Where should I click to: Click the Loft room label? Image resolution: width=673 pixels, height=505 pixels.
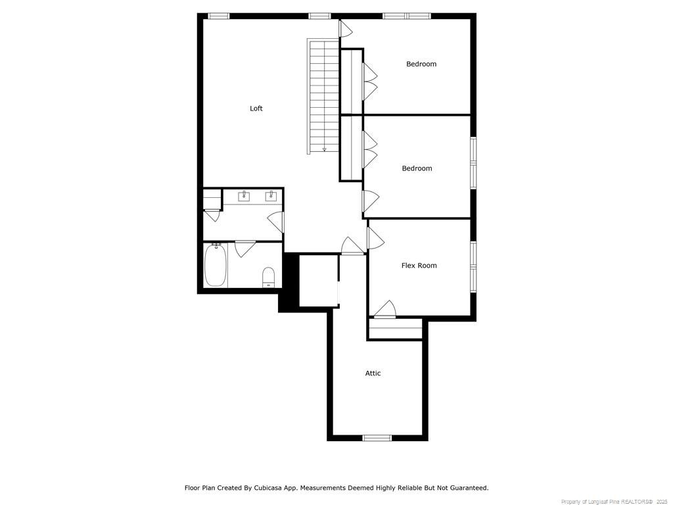click(x=256, y=108)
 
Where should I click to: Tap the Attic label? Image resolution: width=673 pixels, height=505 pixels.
click(x=373, y=373)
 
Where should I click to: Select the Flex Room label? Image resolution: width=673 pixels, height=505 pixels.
click(x=419, y=266)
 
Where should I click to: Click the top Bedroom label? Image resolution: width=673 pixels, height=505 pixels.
click(x=421, y=64)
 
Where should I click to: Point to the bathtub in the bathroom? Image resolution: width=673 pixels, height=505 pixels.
click(x=215, y=266)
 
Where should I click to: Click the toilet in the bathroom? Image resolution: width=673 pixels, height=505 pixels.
click(x=268, y=277)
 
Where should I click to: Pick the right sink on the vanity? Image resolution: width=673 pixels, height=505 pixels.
click(x=270, y=195)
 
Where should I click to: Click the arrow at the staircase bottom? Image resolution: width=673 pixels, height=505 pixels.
click(x=324, y=149)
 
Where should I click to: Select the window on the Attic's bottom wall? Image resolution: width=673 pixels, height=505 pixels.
click(x=377, y=437)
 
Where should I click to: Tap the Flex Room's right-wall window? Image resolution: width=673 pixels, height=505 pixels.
click(x=473, y=266)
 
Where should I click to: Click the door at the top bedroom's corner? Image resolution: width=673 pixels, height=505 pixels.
click(x=345, y=28)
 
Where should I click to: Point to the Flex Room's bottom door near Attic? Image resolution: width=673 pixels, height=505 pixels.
click(x=384, y=310)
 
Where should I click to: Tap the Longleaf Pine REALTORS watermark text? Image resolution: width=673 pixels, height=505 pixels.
click(x=612, y=501)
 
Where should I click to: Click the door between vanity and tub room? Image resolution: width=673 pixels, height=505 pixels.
click(x=244, y=247)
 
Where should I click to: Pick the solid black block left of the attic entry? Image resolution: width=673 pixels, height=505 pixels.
click(x=289, y=283)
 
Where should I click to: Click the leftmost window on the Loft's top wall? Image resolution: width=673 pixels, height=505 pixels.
click(x=219, y=16)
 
